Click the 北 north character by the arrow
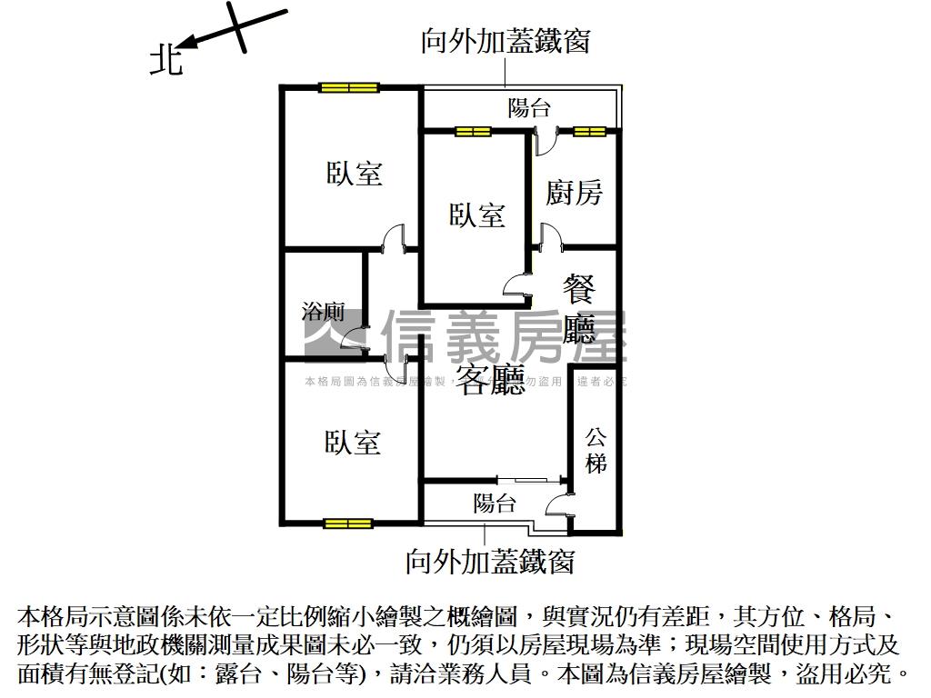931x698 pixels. (x=165, y=61)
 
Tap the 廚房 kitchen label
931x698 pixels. (x=574, y=192)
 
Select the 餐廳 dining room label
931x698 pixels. (x=579, y=310)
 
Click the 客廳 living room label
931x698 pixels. (x=491, y=380)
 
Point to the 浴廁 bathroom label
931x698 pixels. (x=323, y=313)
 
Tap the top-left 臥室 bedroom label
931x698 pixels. (x=354, y=173)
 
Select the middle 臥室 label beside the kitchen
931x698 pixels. (x=477, y=215)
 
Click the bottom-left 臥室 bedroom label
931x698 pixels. (x=352, y=443)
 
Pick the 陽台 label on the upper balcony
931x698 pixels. (x=529, y=108)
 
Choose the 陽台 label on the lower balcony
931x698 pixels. (x=495, y=503)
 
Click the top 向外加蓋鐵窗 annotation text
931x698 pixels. (x=506, y=41)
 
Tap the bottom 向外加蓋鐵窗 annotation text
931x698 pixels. (x=490, y=561)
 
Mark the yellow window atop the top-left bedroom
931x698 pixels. (x=348, y=88)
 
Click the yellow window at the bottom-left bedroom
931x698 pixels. (x=348, y=523)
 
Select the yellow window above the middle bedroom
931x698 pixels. (x=473, y=132)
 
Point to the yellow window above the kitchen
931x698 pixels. (x=588, y=132)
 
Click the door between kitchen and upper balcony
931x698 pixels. (x=546, y=142)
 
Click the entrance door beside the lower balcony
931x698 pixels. (x=557, y=504)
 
